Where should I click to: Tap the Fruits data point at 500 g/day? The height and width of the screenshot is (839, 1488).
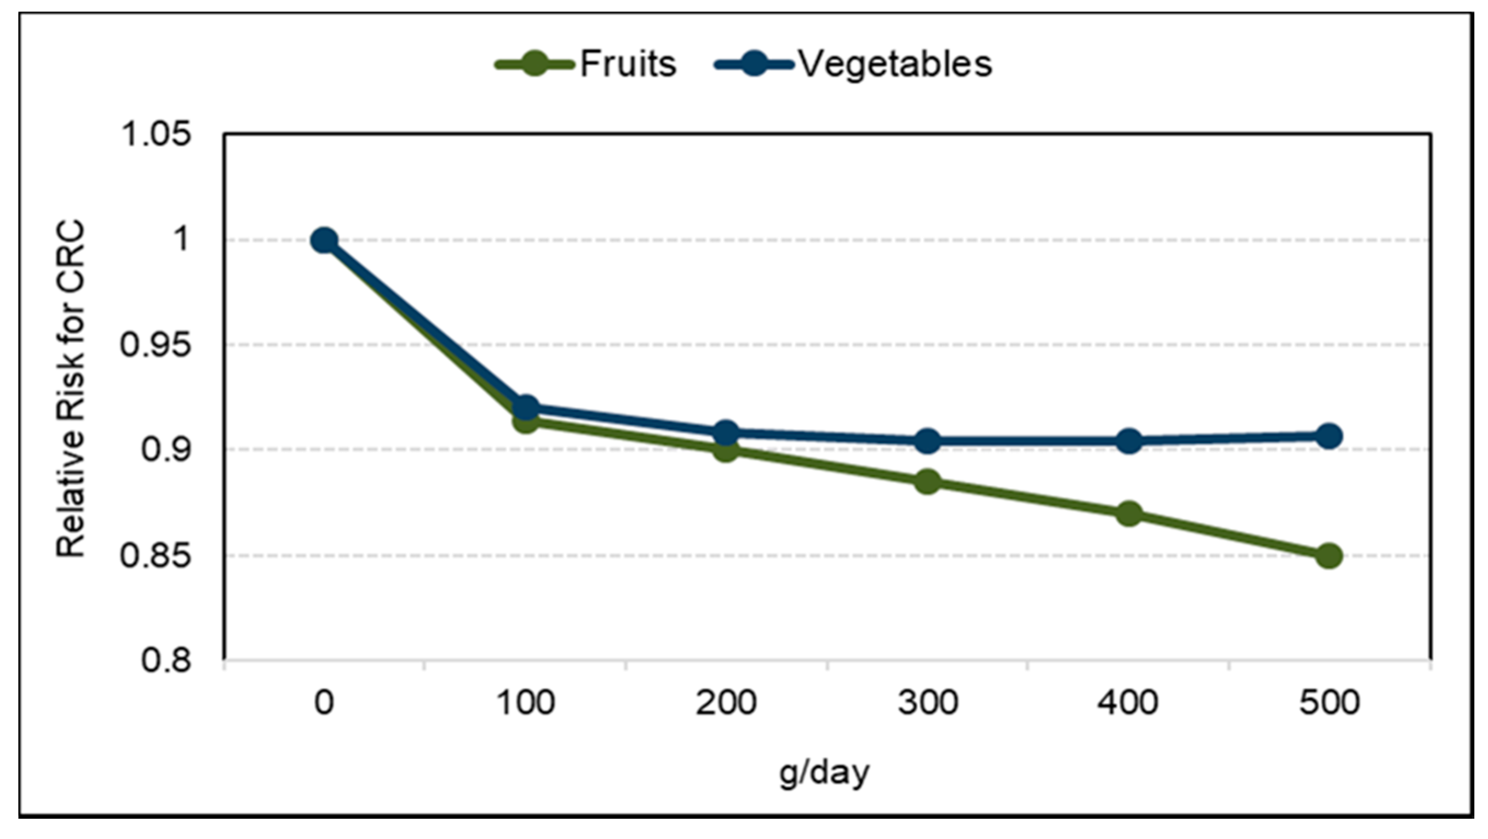1329,556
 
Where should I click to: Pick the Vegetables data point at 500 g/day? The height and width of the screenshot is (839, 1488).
1329,436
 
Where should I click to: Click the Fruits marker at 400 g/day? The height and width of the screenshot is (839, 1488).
1129,513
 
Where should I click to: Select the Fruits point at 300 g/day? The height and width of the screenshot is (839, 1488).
928,481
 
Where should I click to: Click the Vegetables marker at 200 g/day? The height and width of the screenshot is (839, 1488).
726,433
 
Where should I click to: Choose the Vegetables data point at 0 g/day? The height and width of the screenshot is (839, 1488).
324,241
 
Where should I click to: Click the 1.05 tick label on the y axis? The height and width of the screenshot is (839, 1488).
155,135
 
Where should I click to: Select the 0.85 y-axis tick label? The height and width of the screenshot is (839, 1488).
155,556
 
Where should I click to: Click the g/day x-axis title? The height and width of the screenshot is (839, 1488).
824,773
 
